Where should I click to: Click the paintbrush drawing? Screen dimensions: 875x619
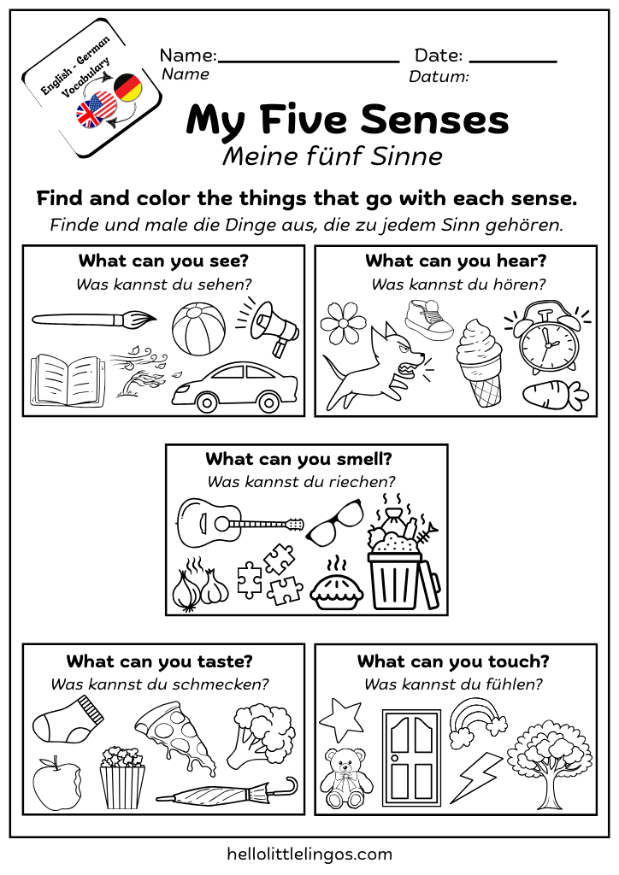click(x=94, y=320)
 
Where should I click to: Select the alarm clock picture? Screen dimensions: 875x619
click(x=548, y=335)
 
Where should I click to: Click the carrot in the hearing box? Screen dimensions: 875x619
click(x=555, y=394)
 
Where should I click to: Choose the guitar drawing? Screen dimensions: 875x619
click(x=239, y=520)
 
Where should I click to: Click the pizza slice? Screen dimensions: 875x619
click(x=178, y=736)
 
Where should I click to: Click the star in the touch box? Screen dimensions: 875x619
click(x=341, y=719)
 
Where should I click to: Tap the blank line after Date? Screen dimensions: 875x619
click(x=513, y=61)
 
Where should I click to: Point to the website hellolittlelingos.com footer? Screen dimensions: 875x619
click(x=309, y=853)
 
